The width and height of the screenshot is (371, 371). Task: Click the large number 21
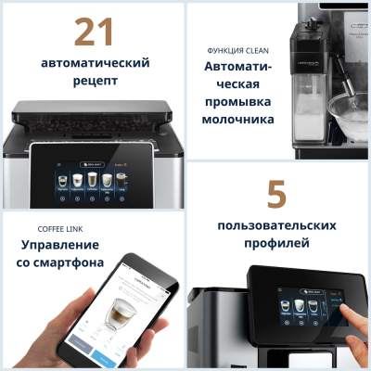(x=94, y=32)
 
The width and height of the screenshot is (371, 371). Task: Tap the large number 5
(x=276, y=196)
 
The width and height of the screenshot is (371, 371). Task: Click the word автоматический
(x=95, y=63)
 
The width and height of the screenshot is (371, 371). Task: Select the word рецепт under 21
(x=94, y=82)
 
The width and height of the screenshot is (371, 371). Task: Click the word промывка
(x=239, y=102)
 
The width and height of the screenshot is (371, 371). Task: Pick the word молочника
(x=239, y=120)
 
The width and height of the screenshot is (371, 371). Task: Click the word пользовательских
(x=276, y=226)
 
